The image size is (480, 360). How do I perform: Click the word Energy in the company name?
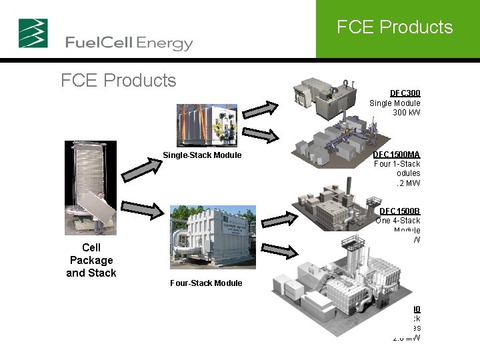point(165,44)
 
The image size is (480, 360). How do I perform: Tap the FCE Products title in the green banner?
point(395,27)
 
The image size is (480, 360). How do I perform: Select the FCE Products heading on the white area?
point(118,81)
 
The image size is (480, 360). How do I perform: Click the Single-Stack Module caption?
point(202,156)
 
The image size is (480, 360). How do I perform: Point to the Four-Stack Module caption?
point(206,283)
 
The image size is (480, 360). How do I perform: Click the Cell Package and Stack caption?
point(91,260)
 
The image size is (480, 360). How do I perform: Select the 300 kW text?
point(407,113)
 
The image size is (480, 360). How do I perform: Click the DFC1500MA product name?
point(397,155)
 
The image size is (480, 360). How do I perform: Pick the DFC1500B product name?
point(400,211)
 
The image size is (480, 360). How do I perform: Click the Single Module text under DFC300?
point(395,103)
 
